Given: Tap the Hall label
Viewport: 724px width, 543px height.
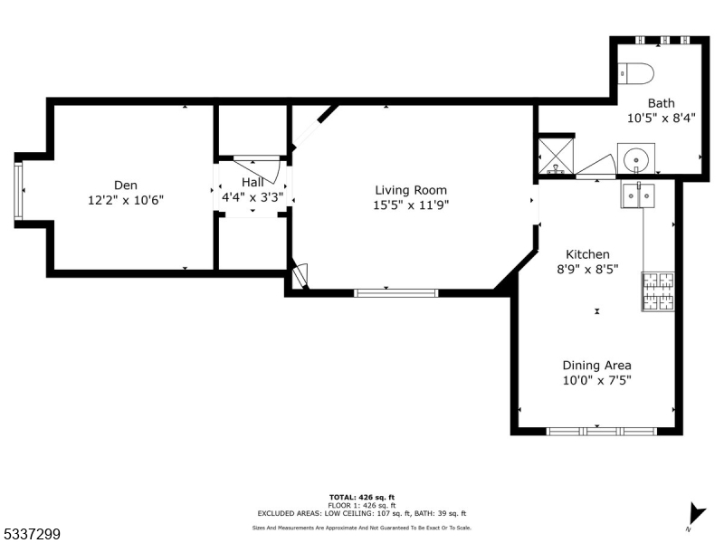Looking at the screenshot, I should point(252,182).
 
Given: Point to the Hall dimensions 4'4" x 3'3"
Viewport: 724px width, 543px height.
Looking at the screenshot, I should point(253,196).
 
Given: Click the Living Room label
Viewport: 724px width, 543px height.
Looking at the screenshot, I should point(412,190).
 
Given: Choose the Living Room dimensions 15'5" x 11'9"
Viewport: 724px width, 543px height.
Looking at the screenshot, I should point(412,205).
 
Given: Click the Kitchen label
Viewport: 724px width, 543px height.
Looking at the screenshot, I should point(587,254).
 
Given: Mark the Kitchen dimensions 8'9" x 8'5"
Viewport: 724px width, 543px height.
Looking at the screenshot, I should point(587,269).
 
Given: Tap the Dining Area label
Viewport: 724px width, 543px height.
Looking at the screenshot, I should point(596,365).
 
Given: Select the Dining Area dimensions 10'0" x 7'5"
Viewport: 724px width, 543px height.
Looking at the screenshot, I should point(596,380).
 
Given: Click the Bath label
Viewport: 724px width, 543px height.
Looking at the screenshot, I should point(661,103).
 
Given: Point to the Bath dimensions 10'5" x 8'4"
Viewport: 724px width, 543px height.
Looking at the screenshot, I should point(661,118).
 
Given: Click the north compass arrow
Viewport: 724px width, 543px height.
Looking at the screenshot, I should point(695,512).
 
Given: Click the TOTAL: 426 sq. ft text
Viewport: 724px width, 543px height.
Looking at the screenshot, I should point(361,497).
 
